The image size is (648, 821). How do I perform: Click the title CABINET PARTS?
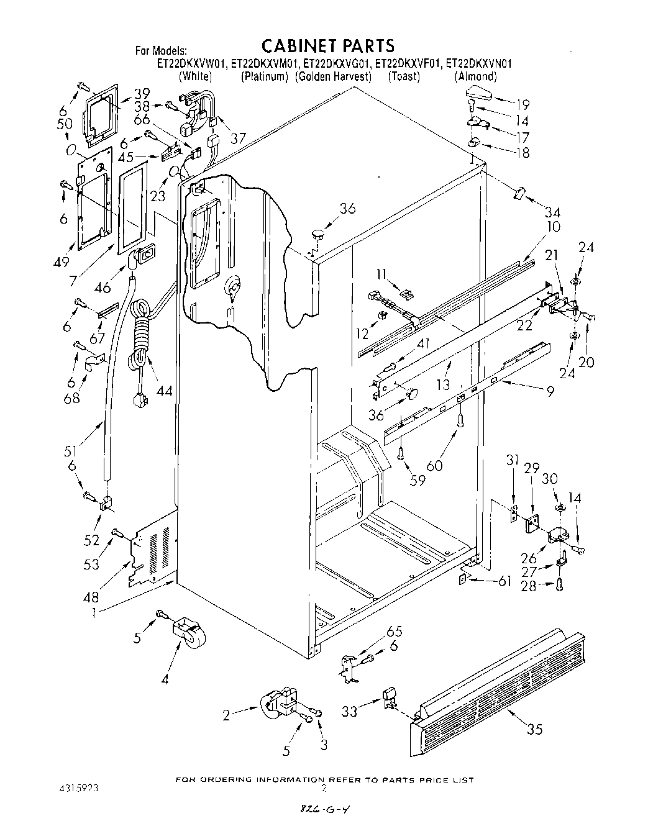tap(327, 45)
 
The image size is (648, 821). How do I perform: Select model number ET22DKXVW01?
tap(191, 63)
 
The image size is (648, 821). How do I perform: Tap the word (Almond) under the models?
tap(476, 77)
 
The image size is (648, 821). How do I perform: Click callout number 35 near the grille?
tap(534, 728)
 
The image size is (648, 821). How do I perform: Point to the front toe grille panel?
tap(497, 683)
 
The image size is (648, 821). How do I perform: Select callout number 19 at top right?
tap(522, 104)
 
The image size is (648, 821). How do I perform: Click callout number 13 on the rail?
tap(443, 385)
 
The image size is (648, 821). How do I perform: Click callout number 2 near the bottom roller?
tap(227, 715)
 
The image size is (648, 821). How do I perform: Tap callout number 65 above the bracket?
tap(394, 632)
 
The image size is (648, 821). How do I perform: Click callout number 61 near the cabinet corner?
tap(504, 581)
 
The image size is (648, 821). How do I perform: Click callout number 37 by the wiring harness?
tap(238, 138)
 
